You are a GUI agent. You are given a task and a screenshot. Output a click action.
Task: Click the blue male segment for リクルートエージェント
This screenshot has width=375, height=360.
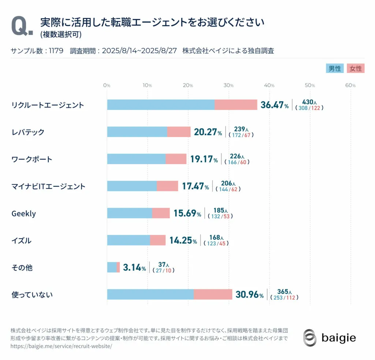(x=160, y=105)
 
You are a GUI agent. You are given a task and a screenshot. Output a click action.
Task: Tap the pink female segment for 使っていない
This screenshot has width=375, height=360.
(x=213, y=294)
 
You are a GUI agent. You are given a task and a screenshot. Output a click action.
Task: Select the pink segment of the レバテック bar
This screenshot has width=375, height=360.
(x=179, y=132)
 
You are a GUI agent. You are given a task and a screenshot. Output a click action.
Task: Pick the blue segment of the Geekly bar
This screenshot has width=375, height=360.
(x=129, y=213)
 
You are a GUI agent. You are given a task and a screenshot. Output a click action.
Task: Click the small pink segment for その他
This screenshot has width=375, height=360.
(x=118, y=267)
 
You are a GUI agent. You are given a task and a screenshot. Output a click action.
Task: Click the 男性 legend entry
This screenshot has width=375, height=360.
(x=334, y=68)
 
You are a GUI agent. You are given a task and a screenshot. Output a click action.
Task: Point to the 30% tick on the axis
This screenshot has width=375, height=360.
(x=229, y=85)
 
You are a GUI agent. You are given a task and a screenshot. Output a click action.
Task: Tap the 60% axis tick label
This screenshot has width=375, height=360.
(x=350, y=85)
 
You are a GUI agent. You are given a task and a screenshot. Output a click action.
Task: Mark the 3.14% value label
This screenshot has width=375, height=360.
(x=134, y=268)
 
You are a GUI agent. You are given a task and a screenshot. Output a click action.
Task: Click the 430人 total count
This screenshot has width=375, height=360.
(x=309, y=102)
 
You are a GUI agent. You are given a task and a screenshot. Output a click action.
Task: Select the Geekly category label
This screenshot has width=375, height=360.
(x=24, y=214)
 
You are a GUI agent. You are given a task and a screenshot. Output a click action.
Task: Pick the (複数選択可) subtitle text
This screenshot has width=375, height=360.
(x=61, y=35)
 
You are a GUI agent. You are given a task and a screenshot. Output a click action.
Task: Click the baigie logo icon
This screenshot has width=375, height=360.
(x=310, y=337)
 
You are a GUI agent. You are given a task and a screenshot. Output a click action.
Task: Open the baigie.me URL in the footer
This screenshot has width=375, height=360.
(x=61, y=346)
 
